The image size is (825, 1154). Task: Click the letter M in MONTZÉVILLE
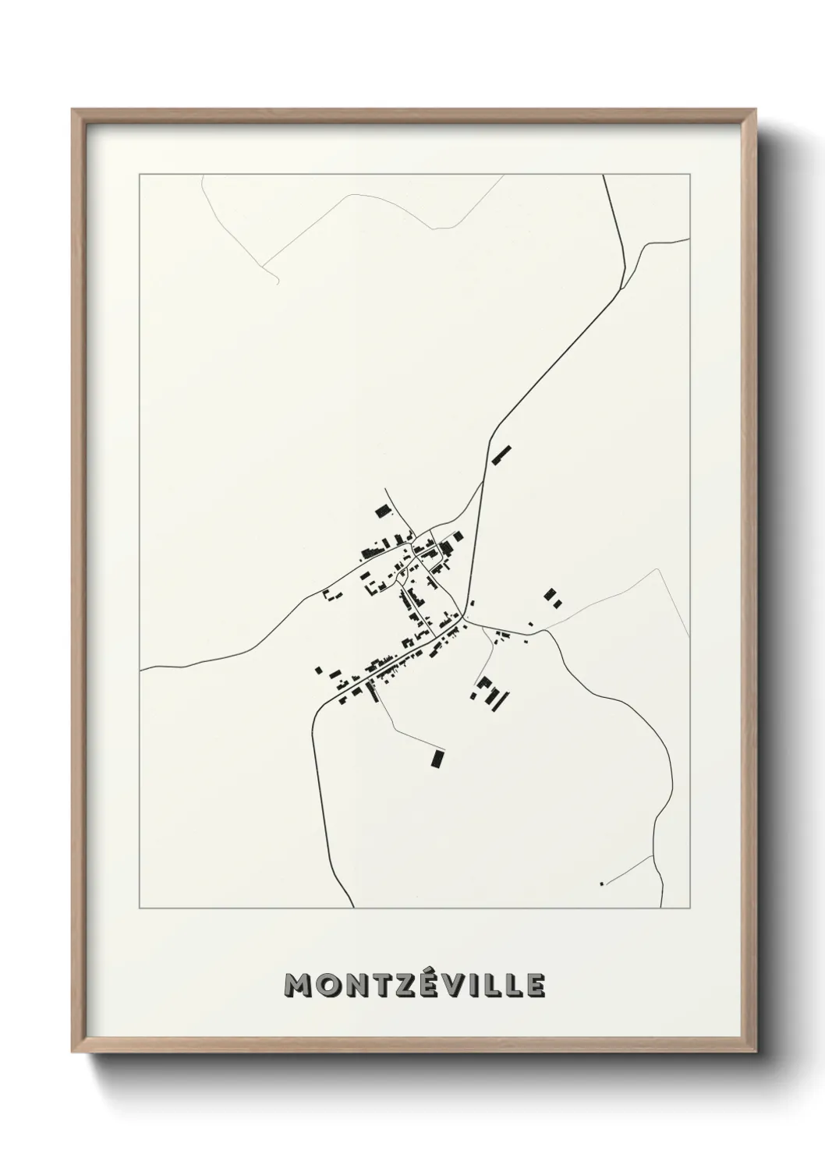coord(299,985)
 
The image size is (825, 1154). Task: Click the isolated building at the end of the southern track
coord(437,757)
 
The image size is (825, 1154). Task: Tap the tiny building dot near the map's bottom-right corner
coord(601,883)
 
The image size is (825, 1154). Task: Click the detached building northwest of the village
coord(381,511)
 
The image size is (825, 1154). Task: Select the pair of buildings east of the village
coord(553,597)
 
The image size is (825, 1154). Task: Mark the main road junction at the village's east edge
coord(465,621)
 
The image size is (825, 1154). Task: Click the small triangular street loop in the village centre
coord(403,575)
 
